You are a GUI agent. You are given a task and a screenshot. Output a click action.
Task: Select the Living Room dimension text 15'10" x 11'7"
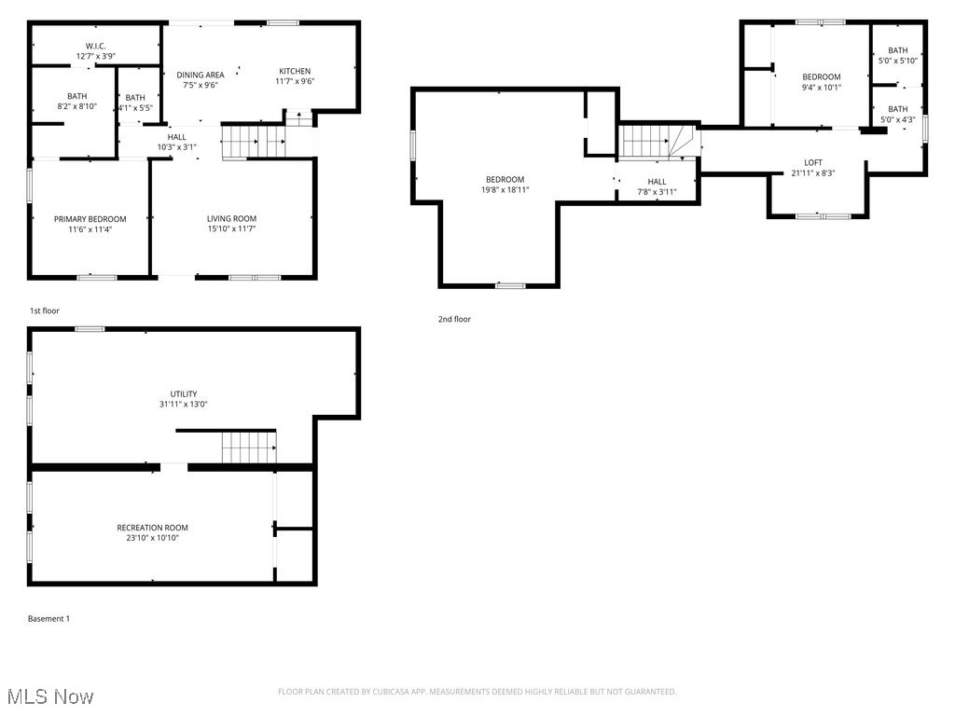[231, 229]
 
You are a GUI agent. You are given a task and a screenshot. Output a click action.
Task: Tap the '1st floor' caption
[44, 310]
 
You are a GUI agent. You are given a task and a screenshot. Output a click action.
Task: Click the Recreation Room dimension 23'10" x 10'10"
[152, 538]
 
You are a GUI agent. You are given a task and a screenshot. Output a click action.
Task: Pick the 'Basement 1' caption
[48, 618]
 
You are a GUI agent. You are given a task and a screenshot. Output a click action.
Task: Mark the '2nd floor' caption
[454, 319]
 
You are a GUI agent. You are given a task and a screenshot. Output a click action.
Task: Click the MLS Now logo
[49, 696]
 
